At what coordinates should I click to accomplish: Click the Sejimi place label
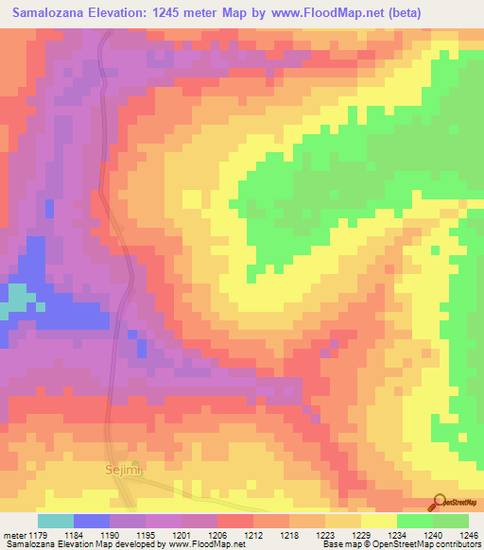[121, 468]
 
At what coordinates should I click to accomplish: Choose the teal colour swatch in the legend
[56, 522]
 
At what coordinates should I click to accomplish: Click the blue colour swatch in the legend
[92, 522]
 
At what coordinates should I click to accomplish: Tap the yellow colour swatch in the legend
[377, 522]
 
